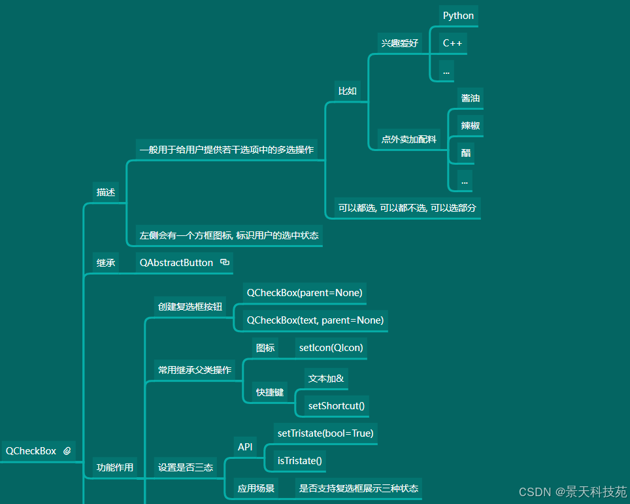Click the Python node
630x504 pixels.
tap(458, 16)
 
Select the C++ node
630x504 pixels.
tap(452, 43)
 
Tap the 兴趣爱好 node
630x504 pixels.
tap(400, 43)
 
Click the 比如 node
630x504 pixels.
tap(348, 91)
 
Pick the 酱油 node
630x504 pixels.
tap(471, 98)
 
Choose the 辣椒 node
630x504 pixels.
tap(471, 126)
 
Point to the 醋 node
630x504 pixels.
tap(465, 153)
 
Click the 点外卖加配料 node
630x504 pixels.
tap(410, 139)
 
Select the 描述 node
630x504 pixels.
tap(106, 192)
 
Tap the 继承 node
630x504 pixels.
tap(106, 263)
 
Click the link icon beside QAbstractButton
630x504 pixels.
tap(225, 262)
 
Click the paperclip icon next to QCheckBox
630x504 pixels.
tap(67, 451)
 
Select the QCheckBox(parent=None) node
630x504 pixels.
tap(304, 293)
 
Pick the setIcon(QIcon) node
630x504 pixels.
tap(331, 348)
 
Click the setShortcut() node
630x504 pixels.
tap(337, 406)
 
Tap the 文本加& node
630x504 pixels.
tap(326, 378)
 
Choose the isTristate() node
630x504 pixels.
tap(300, 461)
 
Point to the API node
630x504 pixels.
tap(245, 447)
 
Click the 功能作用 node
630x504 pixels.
tap(115, 467)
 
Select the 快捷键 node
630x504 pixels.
tap(270, 392)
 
